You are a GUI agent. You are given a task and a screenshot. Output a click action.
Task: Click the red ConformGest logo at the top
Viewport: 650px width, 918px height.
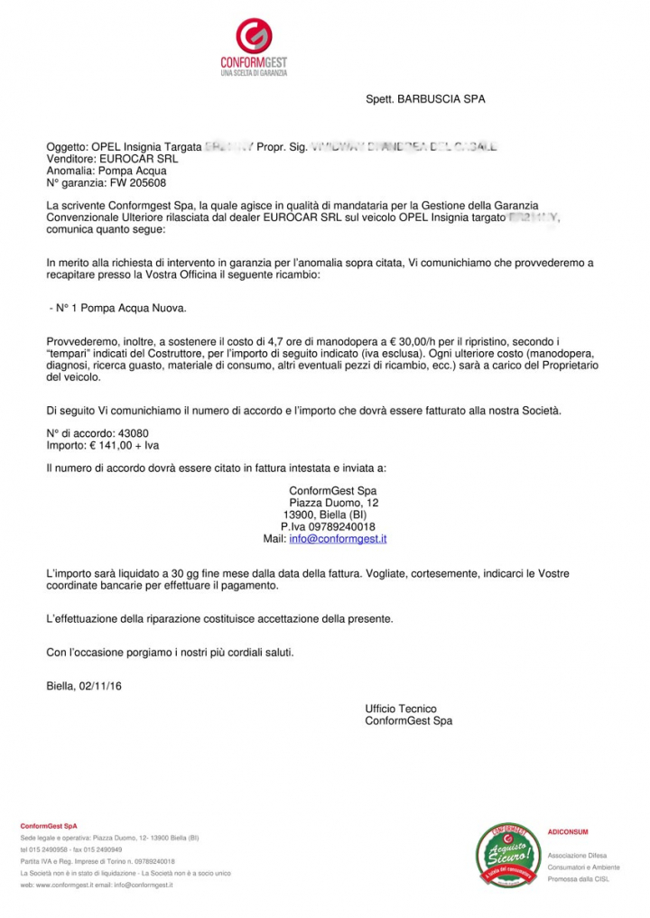[254, 37]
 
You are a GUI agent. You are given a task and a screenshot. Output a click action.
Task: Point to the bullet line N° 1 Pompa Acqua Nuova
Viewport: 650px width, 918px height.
[118, 309]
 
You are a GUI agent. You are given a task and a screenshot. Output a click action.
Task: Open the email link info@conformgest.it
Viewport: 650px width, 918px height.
[338, 539]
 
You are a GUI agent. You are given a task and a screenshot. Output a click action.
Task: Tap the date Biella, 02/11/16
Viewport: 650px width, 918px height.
[84, 686]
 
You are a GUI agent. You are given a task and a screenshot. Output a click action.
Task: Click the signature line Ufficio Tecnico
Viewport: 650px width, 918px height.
[401, 709]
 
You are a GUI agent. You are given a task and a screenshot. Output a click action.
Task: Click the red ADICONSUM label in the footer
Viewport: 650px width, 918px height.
[567, 831]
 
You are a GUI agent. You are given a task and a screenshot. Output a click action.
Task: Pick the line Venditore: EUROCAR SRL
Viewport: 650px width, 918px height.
[99, 158]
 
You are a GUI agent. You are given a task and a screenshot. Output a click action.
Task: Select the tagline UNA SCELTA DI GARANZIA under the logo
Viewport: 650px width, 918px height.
[254, 73]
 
